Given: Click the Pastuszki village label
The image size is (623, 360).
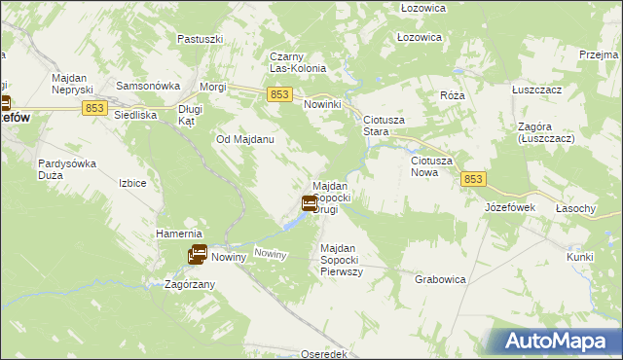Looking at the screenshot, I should [x=201, y=39].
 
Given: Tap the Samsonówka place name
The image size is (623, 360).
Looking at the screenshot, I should [x=143, y=86].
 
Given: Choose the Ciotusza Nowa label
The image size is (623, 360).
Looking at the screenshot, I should [x=437, y=165].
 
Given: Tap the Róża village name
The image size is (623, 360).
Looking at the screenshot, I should [x=452, y=95].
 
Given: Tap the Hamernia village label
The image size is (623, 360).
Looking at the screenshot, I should [x=178, y=234].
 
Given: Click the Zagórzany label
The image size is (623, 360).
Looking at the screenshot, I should [x=190, y=284].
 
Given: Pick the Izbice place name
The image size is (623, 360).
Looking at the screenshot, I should [x=131, y=183].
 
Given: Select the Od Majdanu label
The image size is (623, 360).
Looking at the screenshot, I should [x=244, y=139].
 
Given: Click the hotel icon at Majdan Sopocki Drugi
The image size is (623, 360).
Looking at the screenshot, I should [x=309, y=203].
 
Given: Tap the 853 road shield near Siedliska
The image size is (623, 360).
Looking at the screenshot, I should [x=94, y=108].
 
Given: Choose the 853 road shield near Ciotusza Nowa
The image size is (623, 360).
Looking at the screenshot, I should [x=473, y=179].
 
